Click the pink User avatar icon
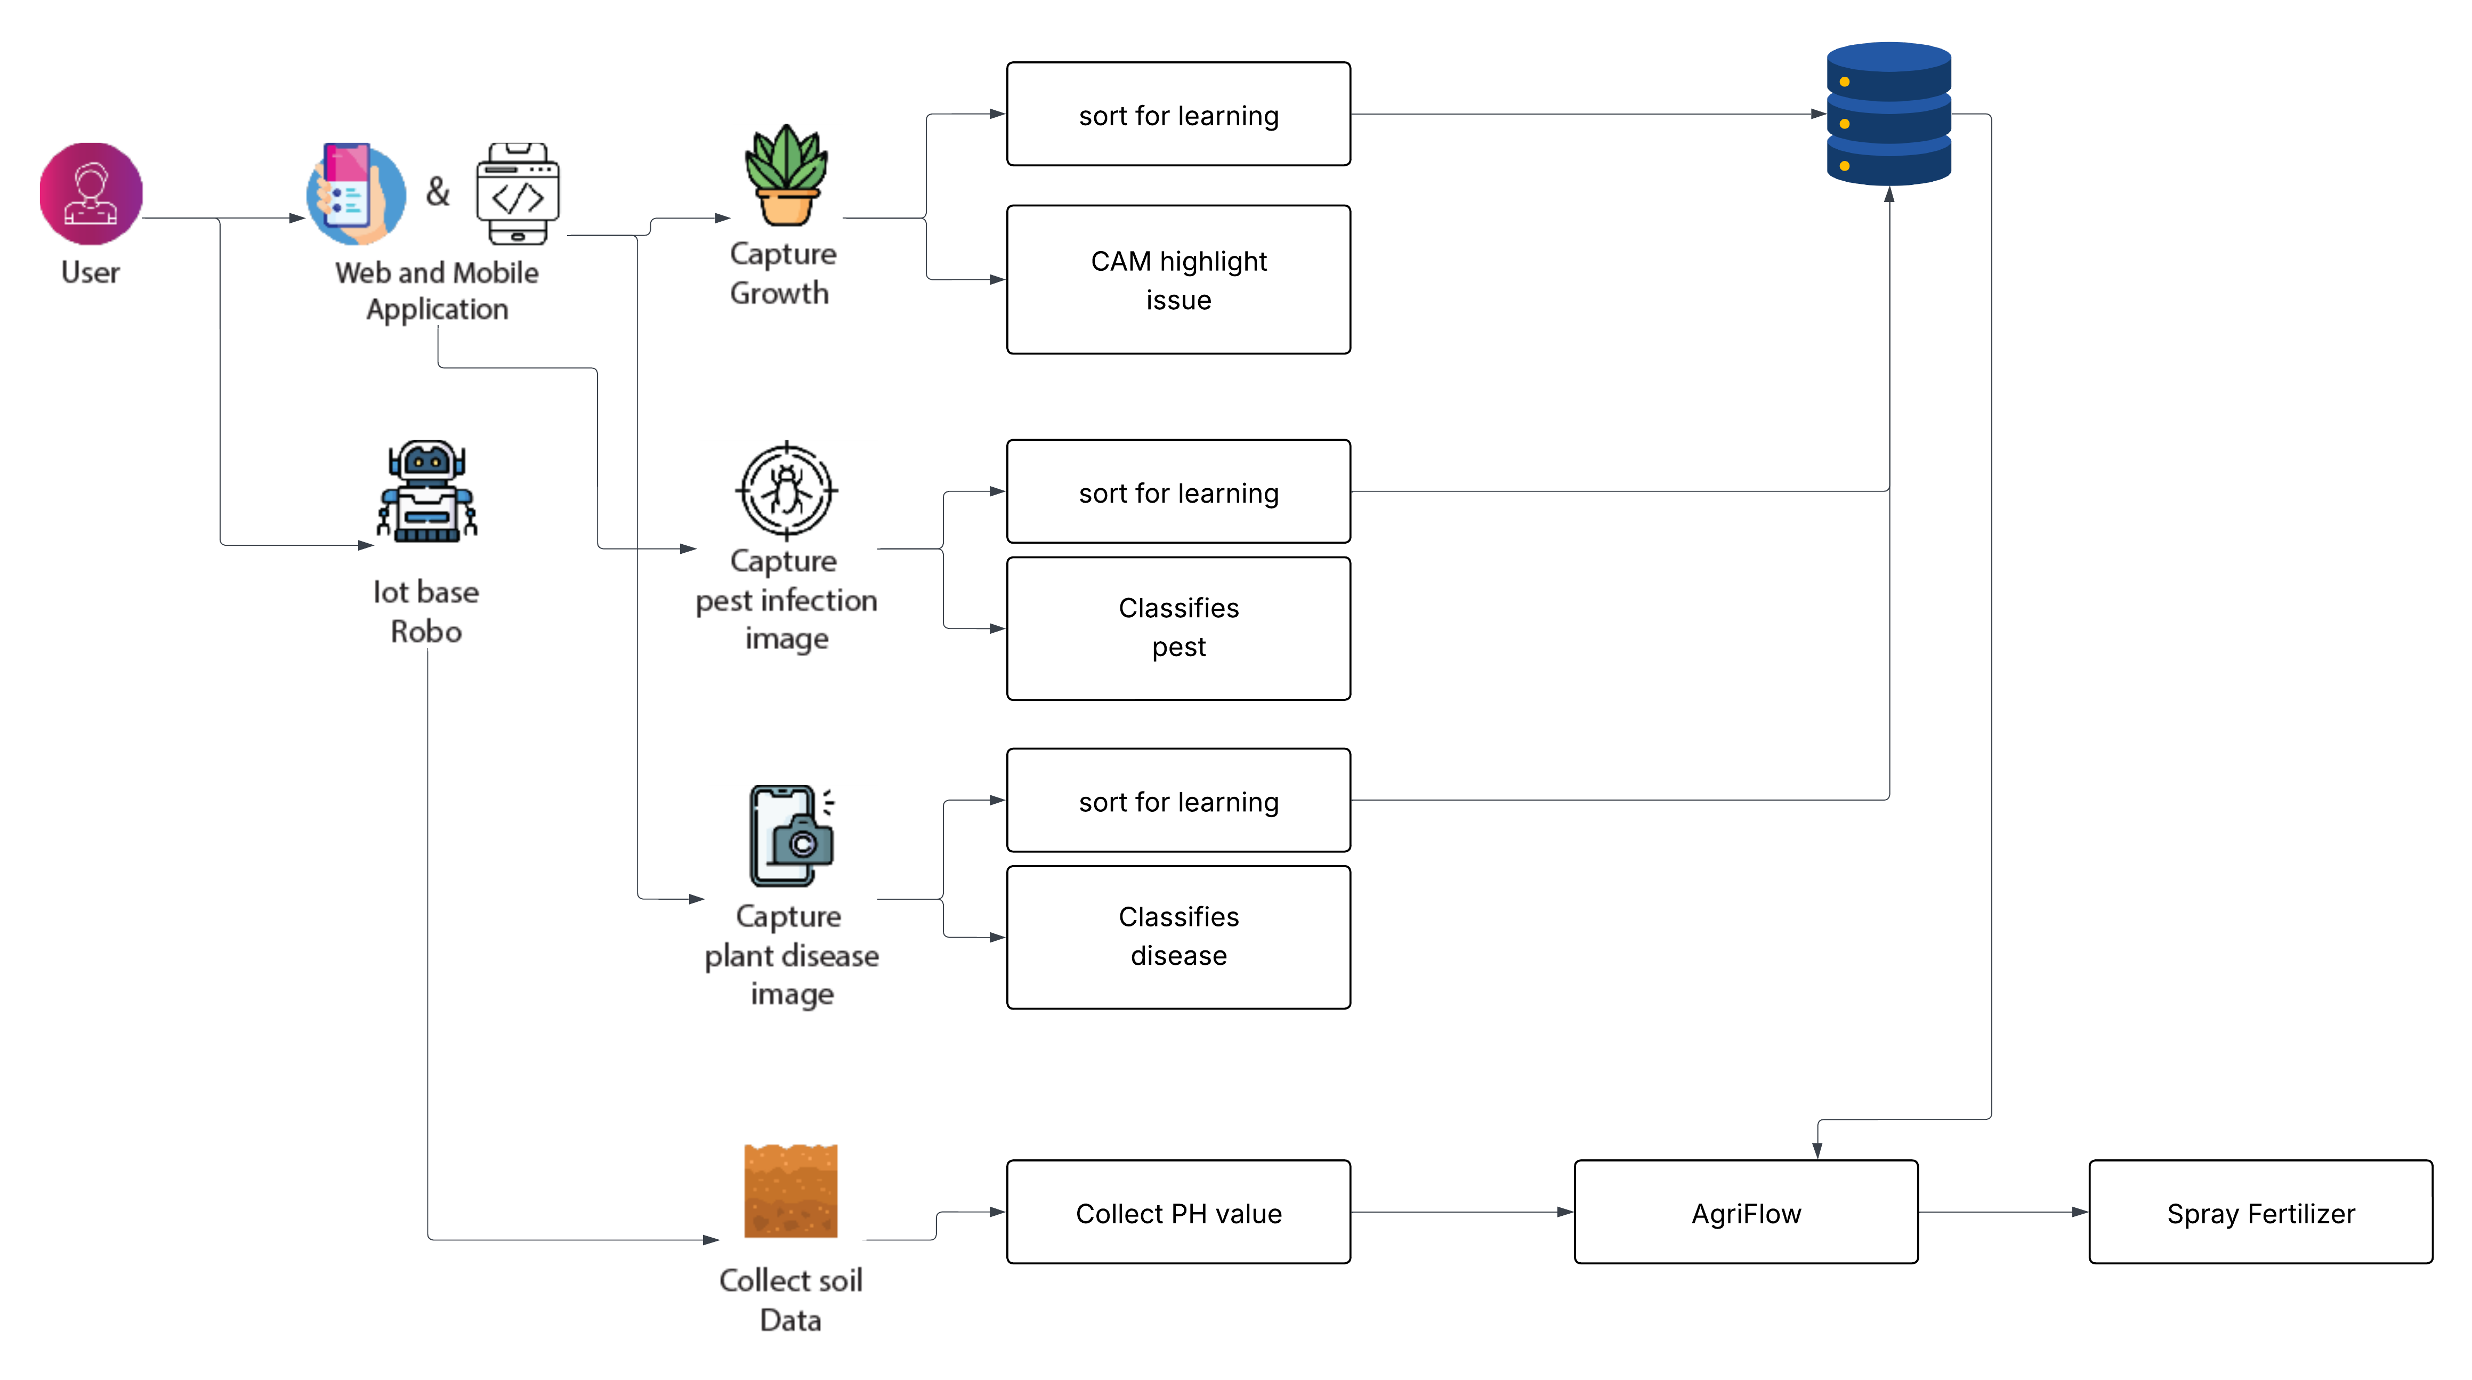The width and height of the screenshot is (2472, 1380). coord(91,194)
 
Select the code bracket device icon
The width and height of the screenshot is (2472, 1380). coord(518,194)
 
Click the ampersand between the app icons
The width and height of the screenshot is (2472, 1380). coord(438,192)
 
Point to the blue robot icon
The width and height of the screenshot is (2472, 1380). coord(427,491)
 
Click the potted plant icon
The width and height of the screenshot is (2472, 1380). coord(786,175)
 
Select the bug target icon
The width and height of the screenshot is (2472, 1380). coord(786,490)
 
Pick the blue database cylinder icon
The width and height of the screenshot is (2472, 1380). coord(1888,114)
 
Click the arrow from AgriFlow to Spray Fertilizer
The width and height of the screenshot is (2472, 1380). coord(2003,1212)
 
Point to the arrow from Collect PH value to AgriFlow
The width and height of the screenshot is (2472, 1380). coord(1461,1212)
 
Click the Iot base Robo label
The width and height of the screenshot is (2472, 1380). coord(426,611)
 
